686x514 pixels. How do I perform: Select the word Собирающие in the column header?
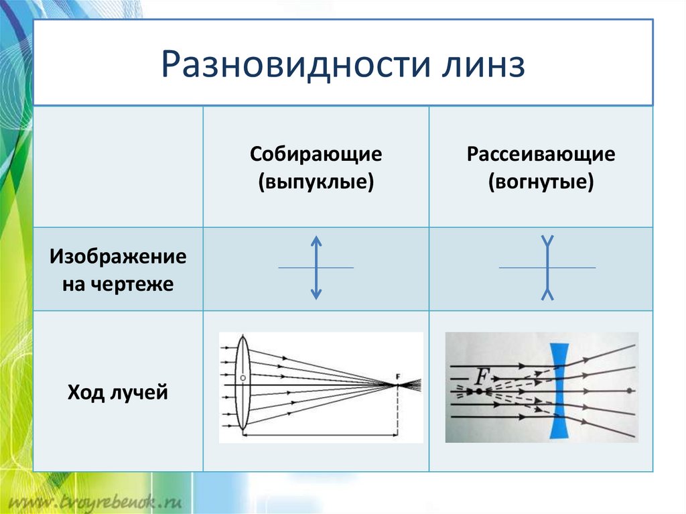316,155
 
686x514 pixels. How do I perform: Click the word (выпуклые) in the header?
316,182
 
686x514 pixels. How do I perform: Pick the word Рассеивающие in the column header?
541,155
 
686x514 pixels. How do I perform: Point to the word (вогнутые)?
541,182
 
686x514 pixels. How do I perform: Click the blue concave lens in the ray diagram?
559,391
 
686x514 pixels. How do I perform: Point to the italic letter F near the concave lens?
481,377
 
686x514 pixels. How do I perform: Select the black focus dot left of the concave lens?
479,390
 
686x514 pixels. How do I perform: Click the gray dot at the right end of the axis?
629,390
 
